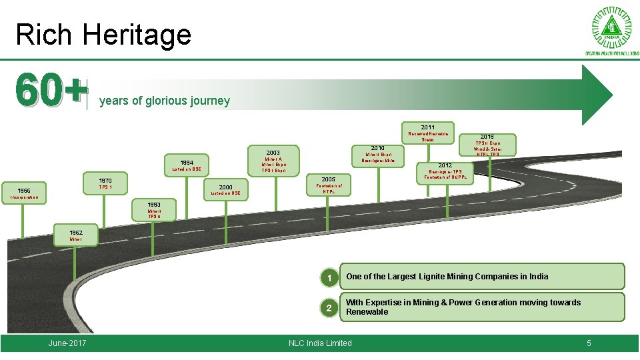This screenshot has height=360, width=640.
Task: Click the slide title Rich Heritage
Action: pyautogui.click(x=103, y=35)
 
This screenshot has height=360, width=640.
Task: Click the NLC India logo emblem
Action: pyautogui.click(x=612, y=29)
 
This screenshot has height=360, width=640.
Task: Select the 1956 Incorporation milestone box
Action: pyautogui.click(x=23, y=193)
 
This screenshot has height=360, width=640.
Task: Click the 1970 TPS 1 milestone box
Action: pyautogui.click(x=105, y=184)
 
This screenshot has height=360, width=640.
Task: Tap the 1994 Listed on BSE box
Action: pyautogui.click(x=187, y=165)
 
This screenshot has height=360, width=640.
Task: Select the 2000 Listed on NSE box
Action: pyautogui.click(x=225, y=190)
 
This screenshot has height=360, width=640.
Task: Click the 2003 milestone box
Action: pyautogui.click(x=273, y=161)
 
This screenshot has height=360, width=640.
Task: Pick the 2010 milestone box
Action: pyautogui.click(x=378, y=153)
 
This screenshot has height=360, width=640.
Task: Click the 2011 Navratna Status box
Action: pyautogui.click(x=427, y=133)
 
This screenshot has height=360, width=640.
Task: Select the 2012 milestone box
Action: pyautogui.click(x=445, y=172)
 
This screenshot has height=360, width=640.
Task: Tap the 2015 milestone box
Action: pyautogui.click(x=487, y=145)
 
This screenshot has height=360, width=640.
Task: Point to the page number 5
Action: pyautogui.click(x=589, y=343)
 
